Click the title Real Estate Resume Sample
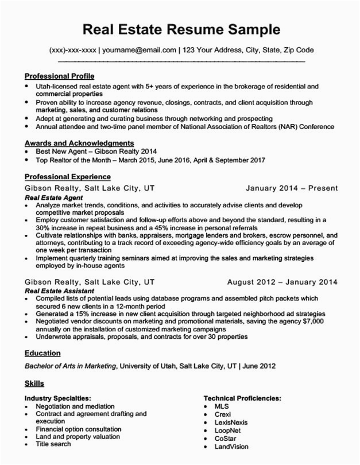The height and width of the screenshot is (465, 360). (x=181, y=29)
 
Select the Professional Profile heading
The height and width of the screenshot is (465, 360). (x=60, y=76)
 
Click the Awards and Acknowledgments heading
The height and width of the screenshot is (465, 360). (x=79, y=143)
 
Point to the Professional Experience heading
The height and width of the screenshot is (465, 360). (x=68, y=177)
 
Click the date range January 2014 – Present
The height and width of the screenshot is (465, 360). (x=292, y=188)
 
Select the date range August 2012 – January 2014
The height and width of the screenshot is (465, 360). (x=282, y=282)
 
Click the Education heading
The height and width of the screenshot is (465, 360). (x=43, y=353)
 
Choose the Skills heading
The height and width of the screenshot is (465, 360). (x=34, y=383)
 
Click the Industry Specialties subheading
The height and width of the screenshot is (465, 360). (x=57, y=398)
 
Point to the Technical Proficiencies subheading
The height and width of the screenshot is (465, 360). (x=242, y=398)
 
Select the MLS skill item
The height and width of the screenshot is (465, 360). (x=222, y=406)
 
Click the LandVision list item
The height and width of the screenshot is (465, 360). (x=232, y=445)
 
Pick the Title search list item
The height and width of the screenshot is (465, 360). (x=53, y=444)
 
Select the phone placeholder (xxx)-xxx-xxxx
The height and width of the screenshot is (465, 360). (x=73, y=50)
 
